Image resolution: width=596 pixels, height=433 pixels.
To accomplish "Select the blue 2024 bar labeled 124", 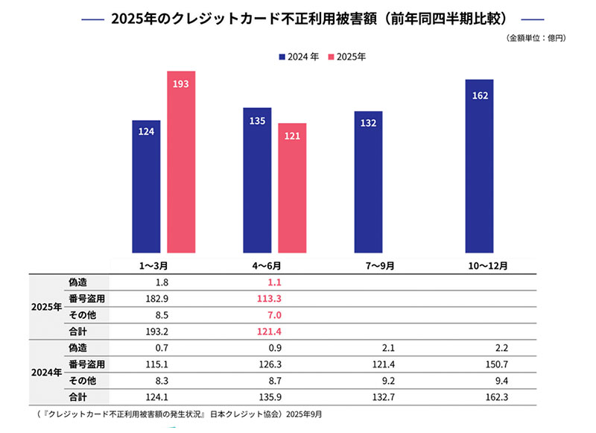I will (146, 186).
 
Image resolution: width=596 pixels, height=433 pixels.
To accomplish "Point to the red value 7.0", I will (273, 315).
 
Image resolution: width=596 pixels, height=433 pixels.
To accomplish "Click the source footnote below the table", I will (177, 414).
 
